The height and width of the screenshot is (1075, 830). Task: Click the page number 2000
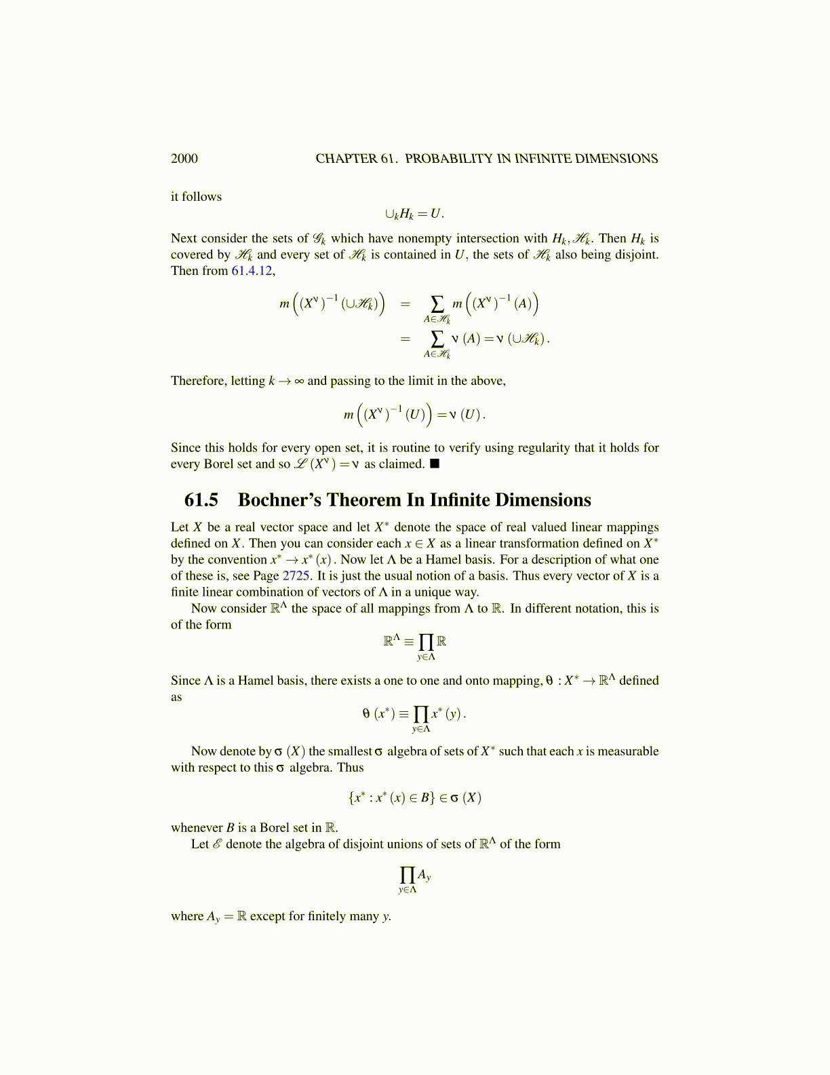click(x=184, y=159)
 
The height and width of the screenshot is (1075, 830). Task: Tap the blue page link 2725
click(x=296, y=576)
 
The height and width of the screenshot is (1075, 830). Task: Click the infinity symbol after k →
click(x=299, y=381)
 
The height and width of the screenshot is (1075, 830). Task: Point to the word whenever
click(x=197, y=828)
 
